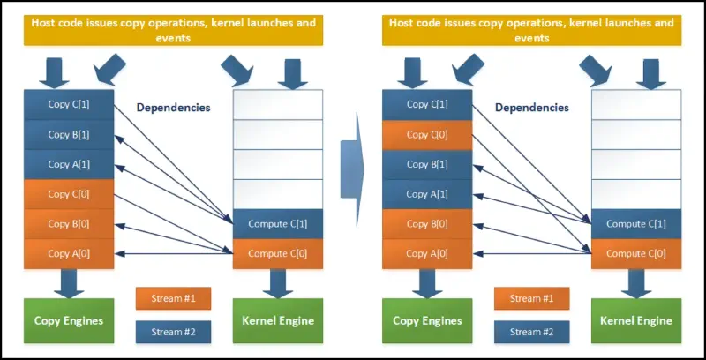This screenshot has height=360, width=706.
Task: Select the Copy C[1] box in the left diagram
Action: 70,104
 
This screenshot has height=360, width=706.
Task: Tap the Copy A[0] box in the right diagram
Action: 427,254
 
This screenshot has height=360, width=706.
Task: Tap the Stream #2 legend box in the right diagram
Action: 531,332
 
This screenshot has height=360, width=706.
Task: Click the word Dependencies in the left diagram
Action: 173,108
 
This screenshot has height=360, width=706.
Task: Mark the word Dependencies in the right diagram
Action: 532,108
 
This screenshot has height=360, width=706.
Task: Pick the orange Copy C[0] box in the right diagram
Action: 427,134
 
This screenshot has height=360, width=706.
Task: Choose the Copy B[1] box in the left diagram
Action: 70,134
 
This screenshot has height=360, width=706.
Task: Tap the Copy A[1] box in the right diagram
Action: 427,194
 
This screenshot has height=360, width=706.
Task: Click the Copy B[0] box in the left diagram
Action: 70,224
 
